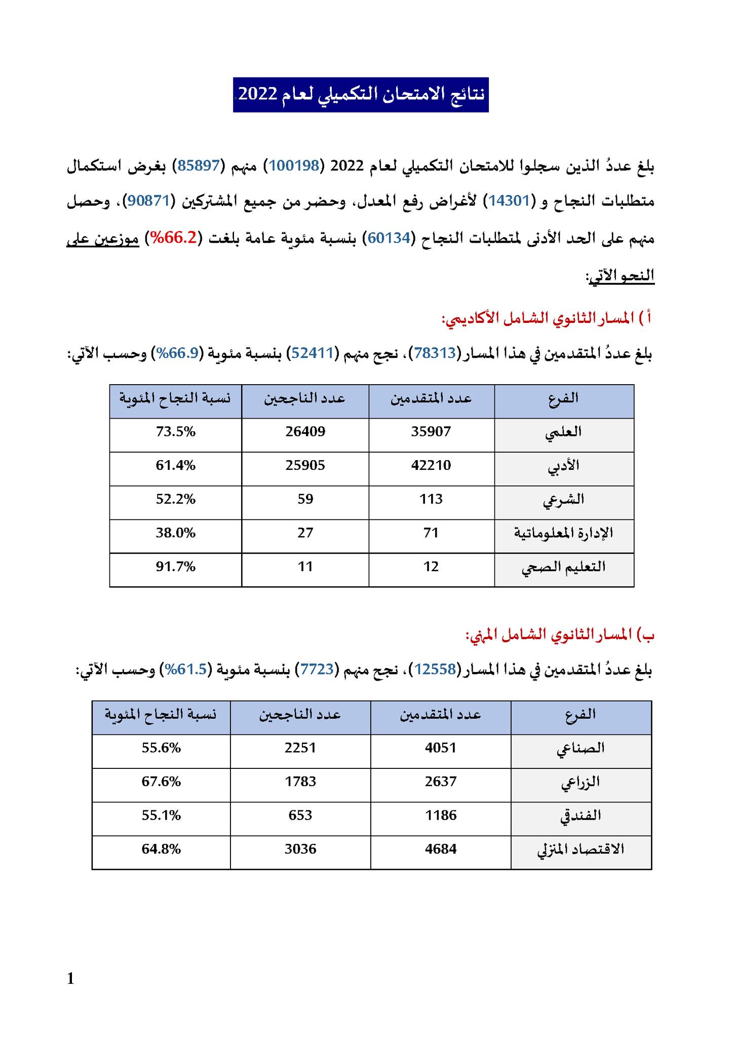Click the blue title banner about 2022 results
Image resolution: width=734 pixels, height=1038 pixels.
coord(361,95)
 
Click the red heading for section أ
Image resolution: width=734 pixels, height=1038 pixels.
coord(547,319)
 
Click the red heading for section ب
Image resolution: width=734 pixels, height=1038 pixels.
coord(560,635)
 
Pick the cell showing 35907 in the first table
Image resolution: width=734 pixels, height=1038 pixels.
coord(431,432)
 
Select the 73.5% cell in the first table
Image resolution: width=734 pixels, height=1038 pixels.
coord(175,432)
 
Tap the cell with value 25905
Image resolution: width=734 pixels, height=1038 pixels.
coord(305,465)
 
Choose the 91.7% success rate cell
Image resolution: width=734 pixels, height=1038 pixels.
coord(175,567)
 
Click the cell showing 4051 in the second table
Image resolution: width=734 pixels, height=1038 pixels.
coord(441,748)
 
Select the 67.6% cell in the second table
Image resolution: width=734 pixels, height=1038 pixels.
coord(161,782)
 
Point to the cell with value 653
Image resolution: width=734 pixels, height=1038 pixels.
coord(300,815)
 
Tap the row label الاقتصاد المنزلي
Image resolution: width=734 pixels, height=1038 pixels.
coord(581,849)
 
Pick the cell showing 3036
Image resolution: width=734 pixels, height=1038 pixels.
coord(300,849)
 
